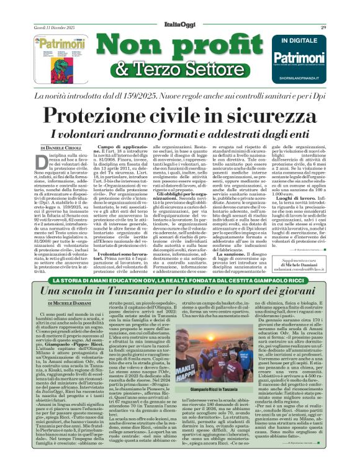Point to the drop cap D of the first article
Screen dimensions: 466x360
coord(40,164)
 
